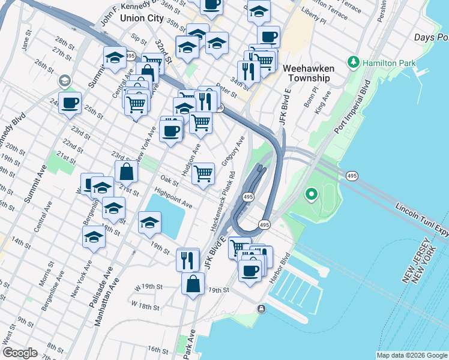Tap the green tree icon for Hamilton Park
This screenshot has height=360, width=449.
(x=354, y=62)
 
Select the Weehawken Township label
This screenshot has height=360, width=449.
(x=309, y=73)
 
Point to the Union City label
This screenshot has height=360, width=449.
(x=142, y=18)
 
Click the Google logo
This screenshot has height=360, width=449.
(x=20, y=353)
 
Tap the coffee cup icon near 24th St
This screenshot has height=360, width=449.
(x=70, y=103)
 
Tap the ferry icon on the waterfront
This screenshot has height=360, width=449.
(x=262, y=308)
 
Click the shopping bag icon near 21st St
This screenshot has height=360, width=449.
(x=127, y=172)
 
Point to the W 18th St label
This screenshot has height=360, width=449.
(x=146, y=306)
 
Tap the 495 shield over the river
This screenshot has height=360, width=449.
(x=352, y=175)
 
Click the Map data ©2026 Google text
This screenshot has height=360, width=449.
(x=412, y=355)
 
